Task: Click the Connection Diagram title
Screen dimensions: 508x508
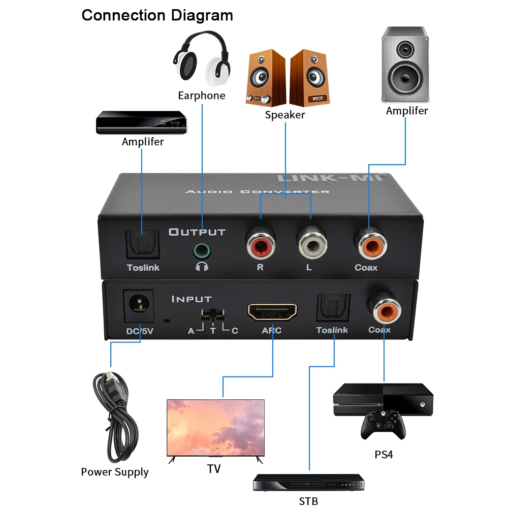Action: click(x=157, y=15)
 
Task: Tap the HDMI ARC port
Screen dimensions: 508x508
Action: click(x=272, y=311)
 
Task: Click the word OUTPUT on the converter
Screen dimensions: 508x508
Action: click(x=197, y=232)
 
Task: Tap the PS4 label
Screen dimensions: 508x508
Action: click(x=384, y=454)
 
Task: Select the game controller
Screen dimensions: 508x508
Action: click(x=383, y=424)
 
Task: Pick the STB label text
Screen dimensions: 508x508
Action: click(x=308, y=501)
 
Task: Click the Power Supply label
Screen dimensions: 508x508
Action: click(x=115, y=472)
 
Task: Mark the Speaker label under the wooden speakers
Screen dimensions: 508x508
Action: click(x=284, y=115)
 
